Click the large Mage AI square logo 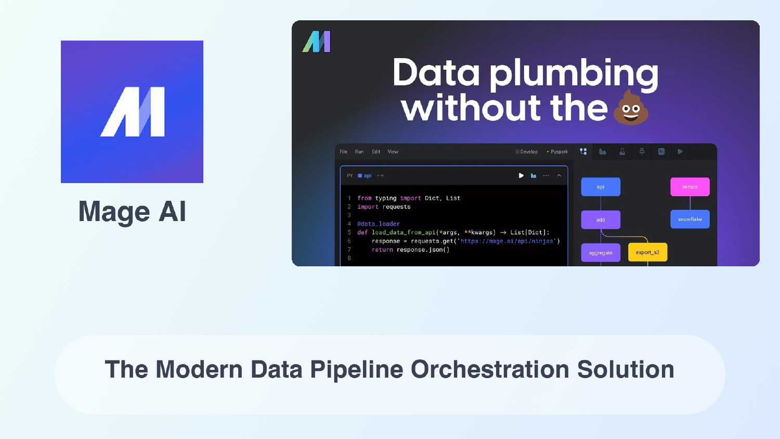(132, 112)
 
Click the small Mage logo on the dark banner (316, 42)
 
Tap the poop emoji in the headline (631, 108)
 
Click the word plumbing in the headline (574, 74)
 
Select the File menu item (344, 152)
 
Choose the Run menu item (359, 152)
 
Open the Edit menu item (376, 152)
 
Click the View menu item (393, 152)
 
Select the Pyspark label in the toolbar (558, 152)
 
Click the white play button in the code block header (521, 176)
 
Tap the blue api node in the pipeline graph (601, 187)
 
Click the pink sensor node (690, 187)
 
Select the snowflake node (690, 219)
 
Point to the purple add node (601, 219)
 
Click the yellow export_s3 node (647, 252)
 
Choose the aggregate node (601, 253)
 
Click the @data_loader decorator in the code (379, 224)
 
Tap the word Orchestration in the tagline (489, 370)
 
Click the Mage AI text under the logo (132, 212)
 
